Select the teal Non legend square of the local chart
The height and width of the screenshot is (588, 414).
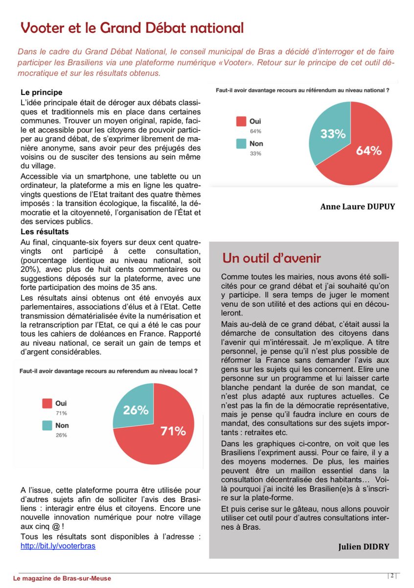[x=47, y=426]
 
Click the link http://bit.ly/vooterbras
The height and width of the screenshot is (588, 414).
[x=58, y=545]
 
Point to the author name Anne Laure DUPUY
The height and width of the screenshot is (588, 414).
[x=357, y=206]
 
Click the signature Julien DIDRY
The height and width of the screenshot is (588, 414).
[x=367, y=546]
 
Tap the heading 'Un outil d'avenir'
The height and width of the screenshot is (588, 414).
[x=272, y=258]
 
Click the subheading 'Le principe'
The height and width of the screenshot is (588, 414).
[x=42, y=92]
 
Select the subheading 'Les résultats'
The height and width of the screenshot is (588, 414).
[x=45, y=231]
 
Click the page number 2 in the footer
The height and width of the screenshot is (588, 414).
[x=392, y=575]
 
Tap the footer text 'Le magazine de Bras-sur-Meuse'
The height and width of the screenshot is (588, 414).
[x=66, y=578]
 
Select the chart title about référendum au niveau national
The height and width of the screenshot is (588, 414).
[x=302, y=90]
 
